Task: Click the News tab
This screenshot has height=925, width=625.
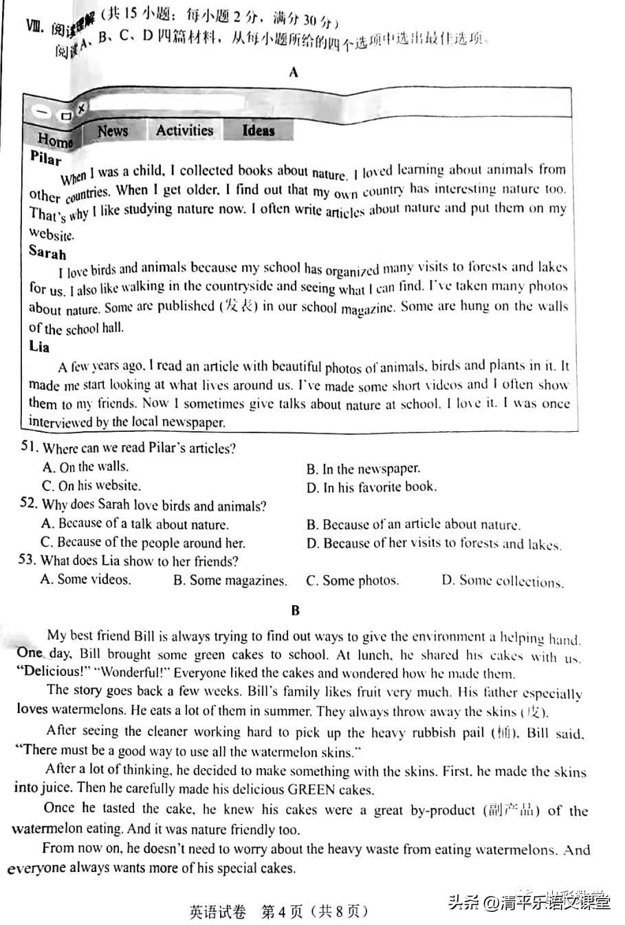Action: click(113, 131)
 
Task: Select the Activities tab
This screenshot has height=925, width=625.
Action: click(184, 130)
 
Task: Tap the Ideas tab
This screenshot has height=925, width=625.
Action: click(259, 130)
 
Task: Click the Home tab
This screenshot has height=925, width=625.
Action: click(55, 140)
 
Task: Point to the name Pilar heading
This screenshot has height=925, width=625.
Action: click(46, 157)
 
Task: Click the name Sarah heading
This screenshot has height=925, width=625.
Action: click(47, 252)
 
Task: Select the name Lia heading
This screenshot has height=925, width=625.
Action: click(39, 347)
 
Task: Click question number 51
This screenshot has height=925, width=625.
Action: click(28, 447)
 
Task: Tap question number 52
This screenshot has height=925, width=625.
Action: click(28, 503)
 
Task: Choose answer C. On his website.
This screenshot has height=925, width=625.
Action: click(91, 486)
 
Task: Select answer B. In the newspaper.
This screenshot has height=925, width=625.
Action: click(362, 469)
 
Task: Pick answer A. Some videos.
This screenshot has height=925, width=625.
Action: click(85, 579)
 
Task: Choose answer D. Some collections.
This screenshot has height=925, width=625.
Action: click(502, 581)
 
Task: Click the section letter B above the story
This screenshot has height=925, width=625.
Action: click(295, 610)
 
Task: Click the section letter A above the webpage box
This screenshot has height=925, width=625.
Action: click(294, 72)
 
